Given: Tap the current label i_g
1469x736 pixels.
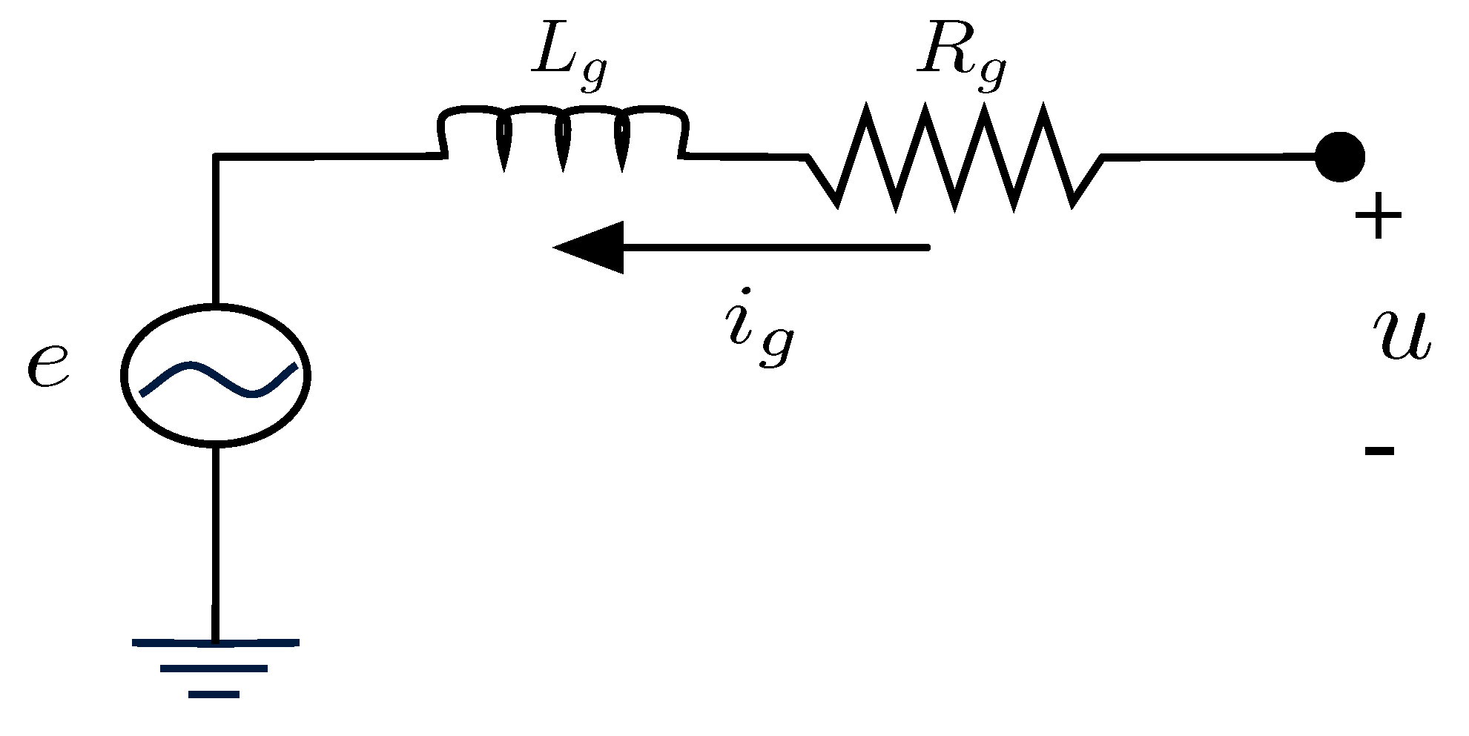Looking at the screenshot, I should point(759,329).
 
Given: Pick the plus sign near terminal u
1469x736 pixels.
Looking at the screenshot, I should point(1378,216).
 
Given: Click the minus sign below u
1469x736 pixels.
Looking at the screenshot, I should point(1379,450).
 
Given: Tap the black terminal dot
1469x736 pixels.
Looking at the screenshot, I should point(1339,156).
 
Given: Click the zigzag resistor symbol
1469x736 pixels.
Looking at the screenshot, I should point(955,157).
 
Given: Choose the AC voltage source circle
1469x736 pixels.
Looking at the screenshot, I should point(216,375).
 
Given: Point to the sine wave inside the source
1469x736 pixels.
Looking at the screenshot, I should point(219,379).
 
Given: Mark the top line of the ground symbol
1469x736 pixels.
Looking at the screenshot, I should point(216,643).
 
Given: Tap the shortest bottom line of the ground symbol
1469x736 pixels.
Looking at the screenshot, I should point(214,694).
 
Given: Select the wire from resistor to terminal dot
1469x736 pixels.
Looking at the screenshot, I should point(1209,157).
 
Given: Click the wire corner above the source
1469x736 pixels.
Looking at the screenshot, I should point(216,156).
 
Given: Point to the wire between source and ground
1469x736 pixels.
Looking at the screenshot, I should point(216,541).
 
